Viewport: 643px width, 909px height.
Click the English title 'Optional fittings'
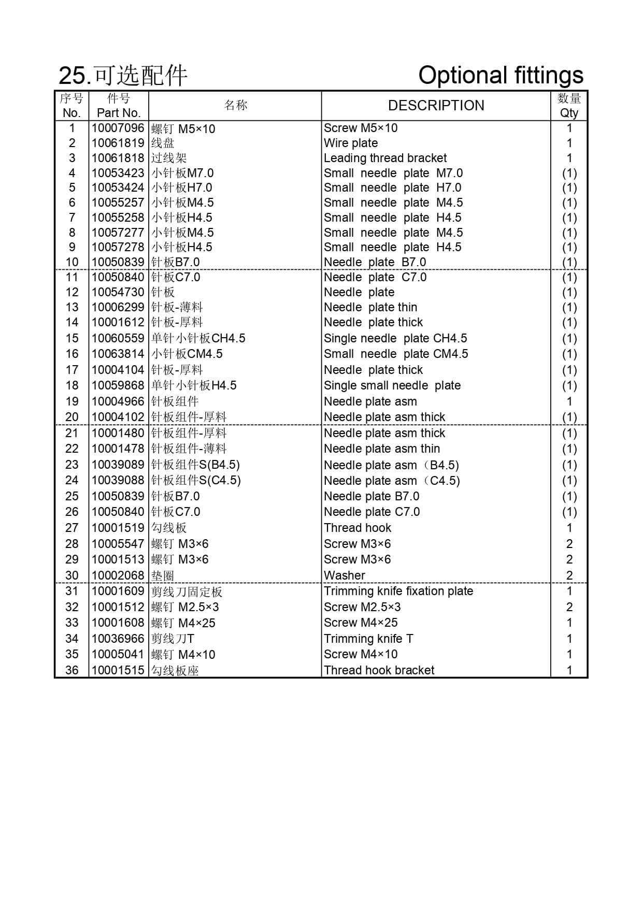pos(501,75)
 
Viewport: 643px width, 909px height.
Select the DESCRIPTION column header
pos(436,106)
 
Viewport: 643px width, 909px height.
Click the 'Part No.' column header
pos(119,113)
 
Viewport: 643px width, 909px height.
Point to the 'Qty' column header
pos(569,113)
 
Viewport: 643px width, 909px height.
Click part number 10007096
pos(118,128)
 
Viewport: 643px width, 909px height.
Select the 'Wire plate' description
pos(351,143)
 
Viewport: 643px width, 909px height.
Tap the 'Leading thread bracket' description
pos(385,158)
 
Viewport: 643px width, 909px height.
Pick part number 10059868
pos(118,385)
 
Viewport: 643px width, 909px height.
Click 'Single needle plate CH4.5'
pos(395,338)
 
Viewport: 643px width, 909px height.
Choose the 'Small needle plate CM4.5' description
pos(396,354)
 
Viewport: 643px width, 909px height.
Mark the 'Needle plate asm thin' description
pos(382,449)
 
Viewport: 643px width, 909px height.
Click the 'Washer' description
pos(345,575)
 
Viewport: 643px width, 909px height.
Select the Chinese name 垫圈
pos(162,575)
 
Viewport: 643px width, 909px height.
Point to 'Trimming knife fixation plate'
pos(398,591)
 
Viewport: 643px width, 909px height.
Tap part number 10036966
pos(118,639)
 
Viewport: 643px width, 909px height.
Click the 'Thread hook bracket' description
pos(379,670)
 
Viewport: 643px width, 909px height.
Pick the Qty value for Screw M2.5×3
pos(569,607)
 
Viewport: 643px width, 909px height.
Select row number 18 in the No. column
pos(72,385)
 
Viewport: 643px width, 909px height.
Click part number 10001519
pos(118,528)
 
